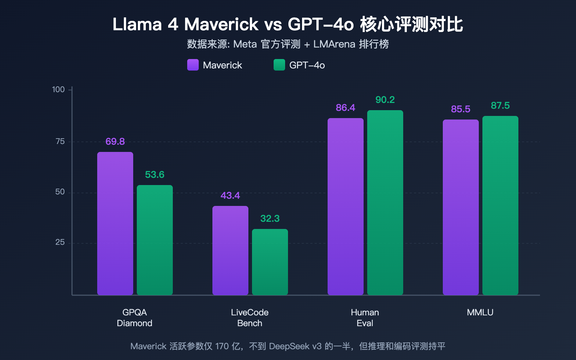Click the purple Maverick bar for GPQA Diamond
pyautogui.click(x=115, y=223)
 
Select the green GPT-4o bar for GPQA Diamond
pyautogui.click(x=155, y=240)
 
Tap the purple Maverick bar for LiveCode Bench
pyautogui.click(x=230, y=250)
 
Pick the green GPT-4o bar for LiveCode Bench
pyautogui.click(x=270, y=262)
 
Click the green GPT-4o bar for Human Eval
pyautogui.click(x=385, y=202)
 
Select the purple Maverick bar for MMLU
pyautogui.click(x=461, y=207)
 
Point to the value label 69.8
pyautogui.click(x=115, y=141)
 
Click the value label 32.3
pyautogui.click(x=270, y=219)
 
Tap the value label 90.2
pyautogui.click(x=385, y=100)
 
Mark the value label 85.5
pyautogui.click(x=461, y=109)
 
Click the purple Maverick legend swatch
pyautogui.click(x=193, y=65)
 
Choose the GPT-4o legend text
pyautogui.click(x=307, y=65)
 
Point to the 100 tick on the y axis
pyautogui.click(x=58, y=89)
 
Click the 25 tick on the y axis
pyautogui.click(x=60, y=242)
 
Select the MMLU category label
pyautogui.click(x=480, y=312)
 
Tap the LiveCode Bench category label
pyautogui.click(x=250, y=318)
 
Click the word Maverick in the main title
pyautogui.click(x=221, y=24)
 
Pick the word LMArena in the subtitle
pyautogui.click(x=334, y=44)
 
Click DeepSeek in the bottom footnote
pyautogui.click(x=289, y=346)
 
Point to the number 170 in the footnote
pyautogui.click(x=222, y=346)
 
